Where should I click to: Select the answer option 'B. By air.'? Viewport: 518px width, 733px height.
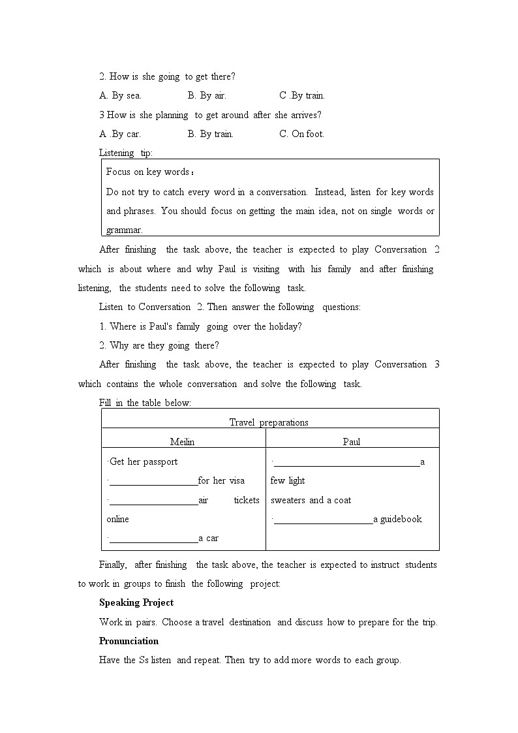coord(207,95)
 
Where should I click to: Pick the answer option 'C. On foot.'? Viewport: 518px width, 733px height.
coord(301,134)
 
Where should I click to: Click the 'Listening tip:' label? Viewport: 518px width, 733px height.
coord(126,153)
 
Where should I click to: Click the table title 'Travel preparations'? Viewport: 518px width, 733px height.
coord(269,422)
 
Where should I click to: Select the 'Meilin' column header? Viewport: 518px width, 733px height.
coord(182,442)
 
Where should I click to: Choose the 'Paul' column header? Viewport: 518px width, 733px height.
coord(352,442)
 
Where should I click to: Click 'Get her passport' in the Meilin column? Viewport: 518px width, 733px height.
coord(144,461)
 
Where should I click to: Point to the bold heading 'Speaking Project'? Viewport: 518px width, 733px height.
coord(136,602)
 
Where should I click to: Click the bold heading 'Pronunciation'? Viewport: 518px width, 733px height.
coord(129,641)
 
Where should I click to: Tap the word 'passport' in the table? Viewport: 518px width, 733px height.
coord(160,461)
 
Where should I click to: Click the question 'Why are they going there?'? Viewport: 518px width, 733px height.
coord(159,345)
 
